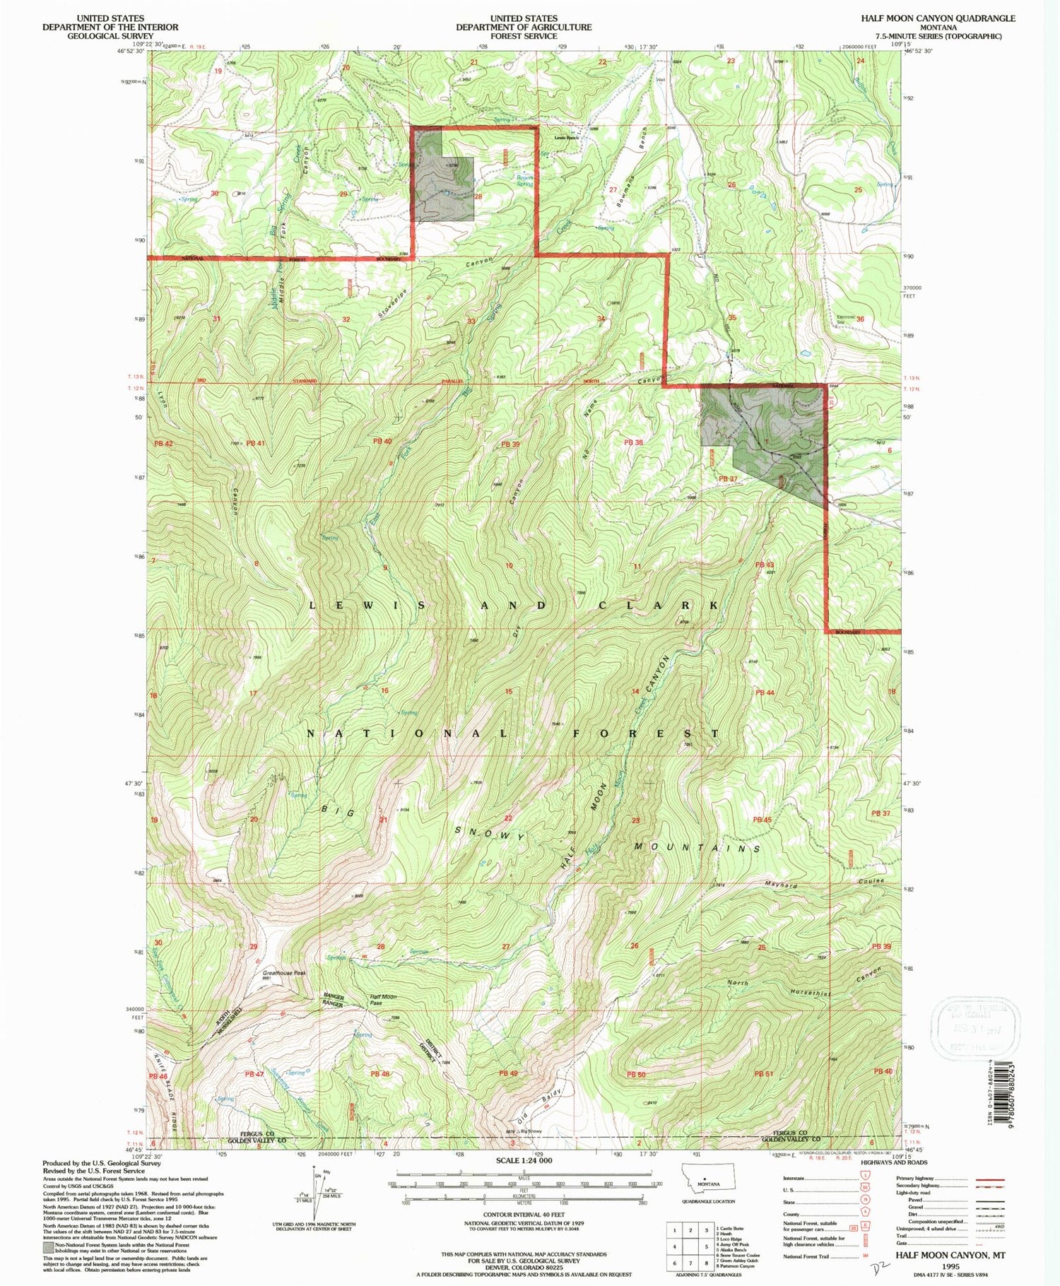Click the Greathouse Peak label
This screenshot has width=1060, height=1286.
[x=284, y=973]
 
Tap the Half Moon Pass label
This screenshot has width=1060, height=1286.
[x=383, y=1001]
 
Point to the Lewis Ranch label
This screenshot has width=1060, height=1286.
[x=567, y=138]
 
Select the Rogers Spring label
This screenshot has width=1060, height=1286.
[x=524, y=181]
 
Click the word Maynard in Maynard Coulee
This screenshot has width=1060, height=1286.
[x=780, y=885]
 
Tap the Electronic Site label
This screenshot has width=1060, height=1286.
[x=846, y=319]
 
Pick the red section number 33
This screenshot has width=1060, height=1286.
[x=471, y=321]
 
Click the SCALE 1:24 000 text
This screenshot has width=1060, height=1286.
[x=524, y=1161]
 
